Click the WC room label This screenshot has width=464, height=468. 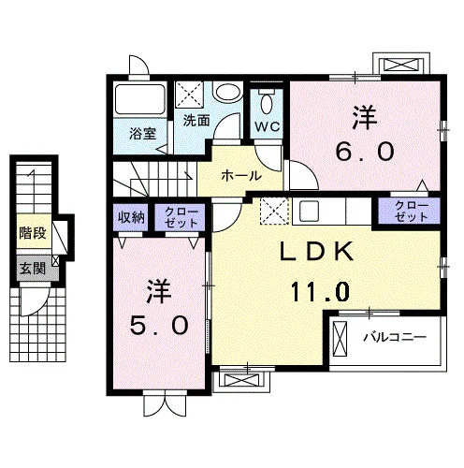[267, 126]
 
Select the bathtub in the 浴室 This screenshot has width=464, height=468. [140, 99]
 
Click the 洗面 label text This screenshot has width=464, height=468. [196, 121]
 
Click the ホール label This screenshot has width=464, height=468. [241, 176]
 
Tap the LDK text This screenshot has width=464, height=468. [317, 252]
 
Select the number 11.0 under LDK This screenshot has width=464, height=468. [320, 291]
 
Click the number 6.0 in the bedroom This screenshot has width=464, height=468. [365, 152]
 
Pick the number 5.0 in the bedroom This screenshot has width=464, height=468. [159, 325]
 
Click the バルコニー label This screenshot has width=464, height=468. [395, 337]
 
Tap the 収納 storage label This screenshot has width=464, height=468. [131, 217]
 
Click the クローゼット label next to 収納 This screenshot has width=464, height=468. [181, 217]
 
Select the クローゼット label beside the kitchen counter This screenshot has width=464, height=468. [411, 212]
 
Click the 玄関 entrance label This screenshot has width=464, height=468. [33, 269]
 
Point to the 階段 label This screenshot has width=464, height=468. [33, 233]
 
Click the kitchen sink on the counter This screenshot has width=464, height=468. [309, 211]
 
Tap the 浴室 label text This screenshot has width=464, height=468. [143, 134]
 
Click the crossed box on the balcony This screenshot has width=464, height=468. [340, 339]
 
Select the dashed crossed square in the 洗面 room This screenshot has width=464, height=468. [189, 95]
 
